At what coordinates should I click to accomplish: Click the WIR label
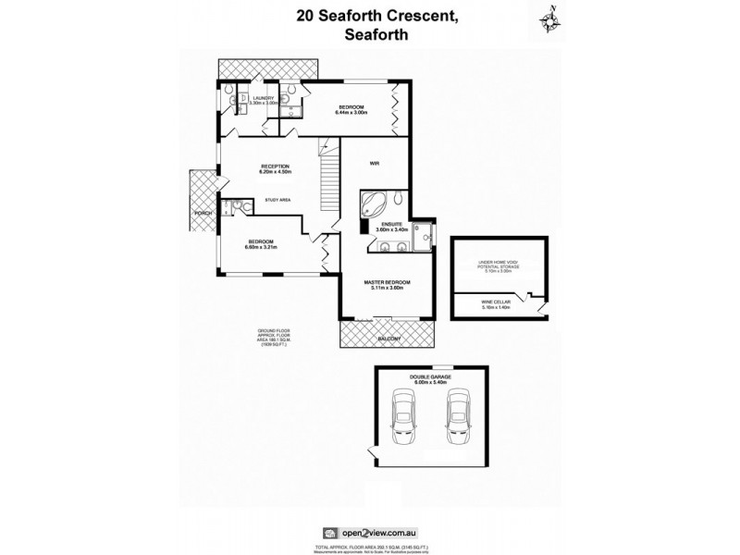point(375,164)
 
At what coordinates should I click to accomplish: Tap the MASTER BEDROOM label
point(387,281)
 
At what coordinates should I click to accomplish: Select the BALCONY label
point(388,339)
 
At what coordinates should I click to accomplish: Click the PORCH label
point(203,214)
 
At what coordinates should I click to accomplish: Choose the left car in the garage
point(404,416)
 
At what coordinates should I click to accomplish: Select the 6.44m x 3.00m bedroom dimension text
point(352,112)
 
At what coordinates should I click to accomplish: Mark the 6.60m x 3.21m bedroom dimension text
point(260,247)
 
